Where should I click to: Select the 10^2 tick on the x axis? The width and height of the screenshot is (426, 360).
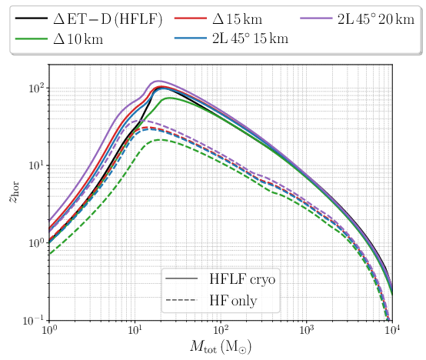pos(221,331)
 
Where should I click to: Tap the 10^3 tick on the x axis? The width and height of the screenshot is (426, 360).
pos(306,331)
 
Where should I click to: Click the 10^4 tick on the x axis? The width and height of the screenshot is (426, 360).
pos(392,331)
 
